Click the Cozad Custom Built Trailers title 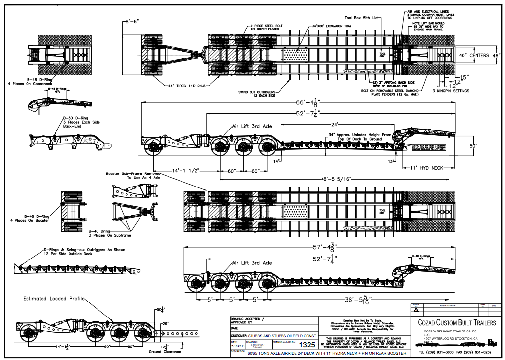coord(453,322)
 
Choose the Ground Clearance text coord(165,351)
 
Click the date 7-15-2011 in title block coord(237,346)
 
